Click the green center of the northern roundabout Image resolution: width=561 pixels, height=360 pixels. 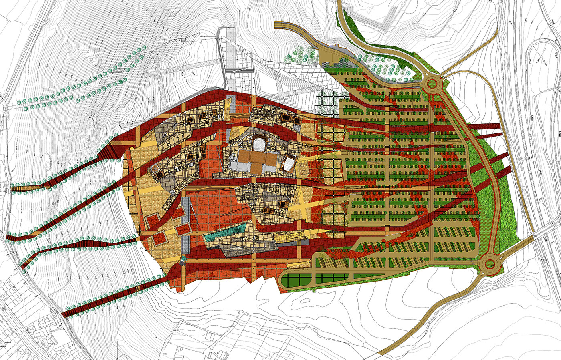432,84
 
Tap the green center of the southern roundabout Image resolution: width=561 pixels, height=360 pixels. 489,264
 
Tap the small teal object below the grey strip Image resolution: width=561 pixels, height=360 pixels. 183,259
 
